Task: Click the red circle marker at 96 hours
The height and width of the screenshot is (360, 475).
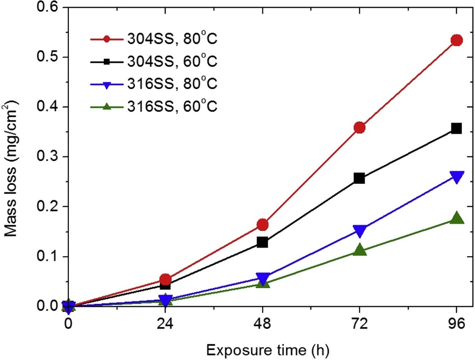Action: point(456,40)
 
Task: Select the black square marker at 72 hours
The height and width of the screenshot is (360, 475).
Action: point(360,178)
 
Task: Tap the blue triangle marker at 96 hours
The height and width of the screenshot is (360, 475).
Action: point(456,177)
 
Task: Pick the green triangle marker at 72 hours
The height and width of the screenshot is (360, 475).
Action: point(360,250)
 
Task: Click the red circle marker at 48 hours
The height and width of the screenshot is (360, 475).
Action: point(263,225)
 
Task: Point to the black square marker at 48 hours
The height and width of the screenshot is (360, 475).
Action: point(263,242)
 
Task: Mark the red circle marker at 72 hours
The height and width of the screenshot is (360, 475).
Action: point(360,128)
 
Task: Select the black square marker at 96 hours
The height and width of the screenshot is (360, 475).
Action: point(456,129)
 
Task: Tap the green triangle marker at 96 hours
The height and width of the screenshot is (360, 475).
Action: point(456,218)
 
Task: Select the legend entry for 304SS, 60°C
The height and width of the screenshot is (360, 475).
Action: point(154,61)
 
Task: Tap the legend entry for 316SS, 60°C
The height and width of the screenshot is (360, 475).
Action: point(154,107)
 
